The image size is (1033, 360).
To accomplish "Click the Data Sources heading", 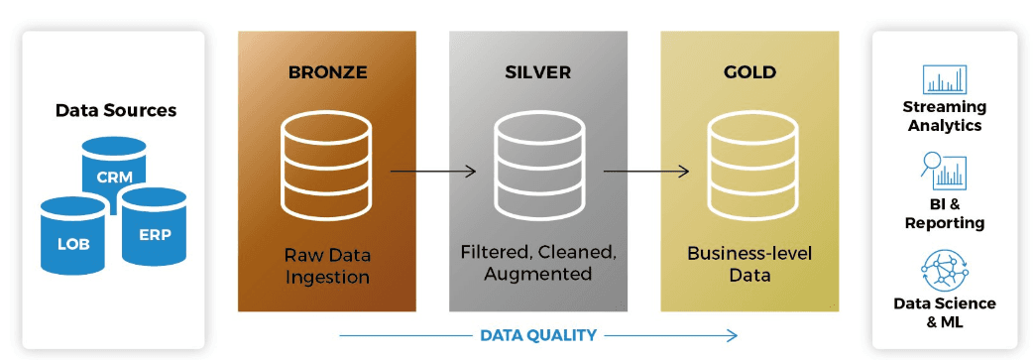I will [116, 110].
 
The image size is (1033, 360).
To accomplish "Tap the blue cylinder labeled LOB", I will [73, 236].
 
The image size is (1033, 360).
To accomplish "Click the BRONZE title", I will [327, 72].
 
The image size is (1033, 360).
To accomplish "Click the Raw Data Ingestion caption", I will [327, 264].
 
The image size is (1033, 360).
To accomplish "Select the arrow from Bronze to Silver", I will [433, 172].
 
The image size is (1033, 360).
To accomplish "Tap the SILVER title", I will [537, 72].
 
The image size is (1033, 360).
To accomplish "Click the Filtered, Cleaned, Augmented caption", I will [537, 264].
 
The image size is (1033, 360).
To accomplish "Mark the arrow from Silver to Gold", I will [646, 172].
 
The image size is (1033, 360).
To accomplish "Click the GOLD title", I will [749, 72].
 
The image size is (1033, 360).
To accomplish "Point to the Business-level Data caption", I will [749, 264].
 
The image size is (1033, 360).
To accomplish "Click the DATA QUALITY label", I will [538, 335].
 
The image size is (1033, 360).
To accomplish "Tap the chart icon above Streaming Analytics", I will [944, 79].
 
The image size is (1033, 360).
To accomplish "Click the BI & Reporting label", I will [944, 214].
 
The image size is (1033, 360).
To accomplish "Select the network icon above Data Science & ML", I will [944, 269].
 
